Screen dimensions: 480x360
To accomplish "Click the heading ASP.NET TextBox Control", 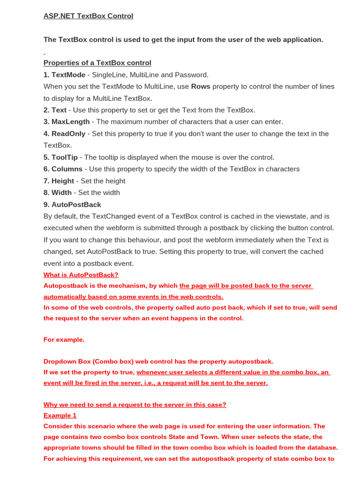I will pyautogui.click(x=88, y=16).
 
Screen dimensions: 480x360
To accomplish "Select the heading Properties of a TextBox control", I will pyautogui.click(x=97, y=63).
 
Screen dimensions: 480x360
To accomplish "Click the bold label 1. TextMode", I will pyautogui.click(x=64, y=75).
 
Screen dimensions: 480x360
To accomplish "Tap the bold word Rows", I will pyautogui.click(x=201, y=86).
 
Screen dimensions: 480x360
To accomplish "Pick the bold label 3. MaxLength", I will pyautogui.click(x=67, y=122).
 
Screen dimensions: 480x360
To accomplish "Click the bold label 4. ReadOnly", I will pyautogui.click(x=65, y=134).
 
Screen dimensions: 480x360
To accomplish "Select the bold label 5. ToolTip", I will pyautogui.click(x=60, y=157).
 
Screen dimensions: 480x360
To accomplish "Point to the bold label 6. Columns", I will pyautogui.click(x=63, y=169).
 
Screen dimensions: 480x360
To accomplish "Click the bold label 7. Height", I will pyautogui.click(x=59, y=181).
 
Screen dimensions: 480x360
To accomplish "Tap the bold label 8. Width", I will pyautogui.click(x=58, y=193).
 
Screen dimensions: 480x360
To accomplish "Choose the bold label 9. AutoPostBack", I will pyautogui.click(x=72, y=204).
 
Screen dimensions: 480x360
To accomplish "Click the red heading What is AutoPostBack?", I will pyautogui.click(x=81, y=275).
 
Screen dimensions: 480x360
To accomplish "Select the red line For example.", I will pyautogui.click(x=64, y=339).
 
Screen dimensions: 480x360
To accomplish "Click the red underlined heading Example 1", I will pyautogui.click(x=60, y=415).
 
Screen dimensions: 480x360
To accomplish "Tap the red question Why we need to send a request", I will pyautogui.click(x=135, y=405).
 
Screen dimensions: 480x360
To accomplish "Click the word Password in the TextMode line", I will pyautogui.click(x=193, y=75).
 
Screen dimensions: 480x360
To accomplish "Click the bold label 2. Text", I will pyautogui.click(x=55, y=110).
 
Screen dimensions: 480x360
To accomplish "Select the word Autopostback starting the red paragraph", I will pyautogui.click(x=64, y=285).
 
